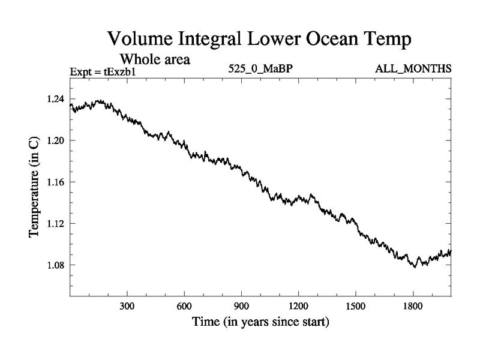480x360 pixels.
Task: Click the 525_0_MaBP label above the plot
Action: coord(260,69)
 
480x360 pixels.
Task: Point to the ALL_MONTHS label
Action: coord(413,69)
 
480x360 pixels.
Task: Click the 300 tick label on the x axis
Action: coord(127,306)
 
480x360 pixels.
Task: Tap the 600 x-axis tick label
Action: coord(184,306)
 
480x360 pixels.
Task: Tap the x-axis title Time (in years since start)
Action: coord(260,322)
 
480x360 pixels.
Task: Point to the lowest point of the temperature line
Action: coord(415,267)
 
